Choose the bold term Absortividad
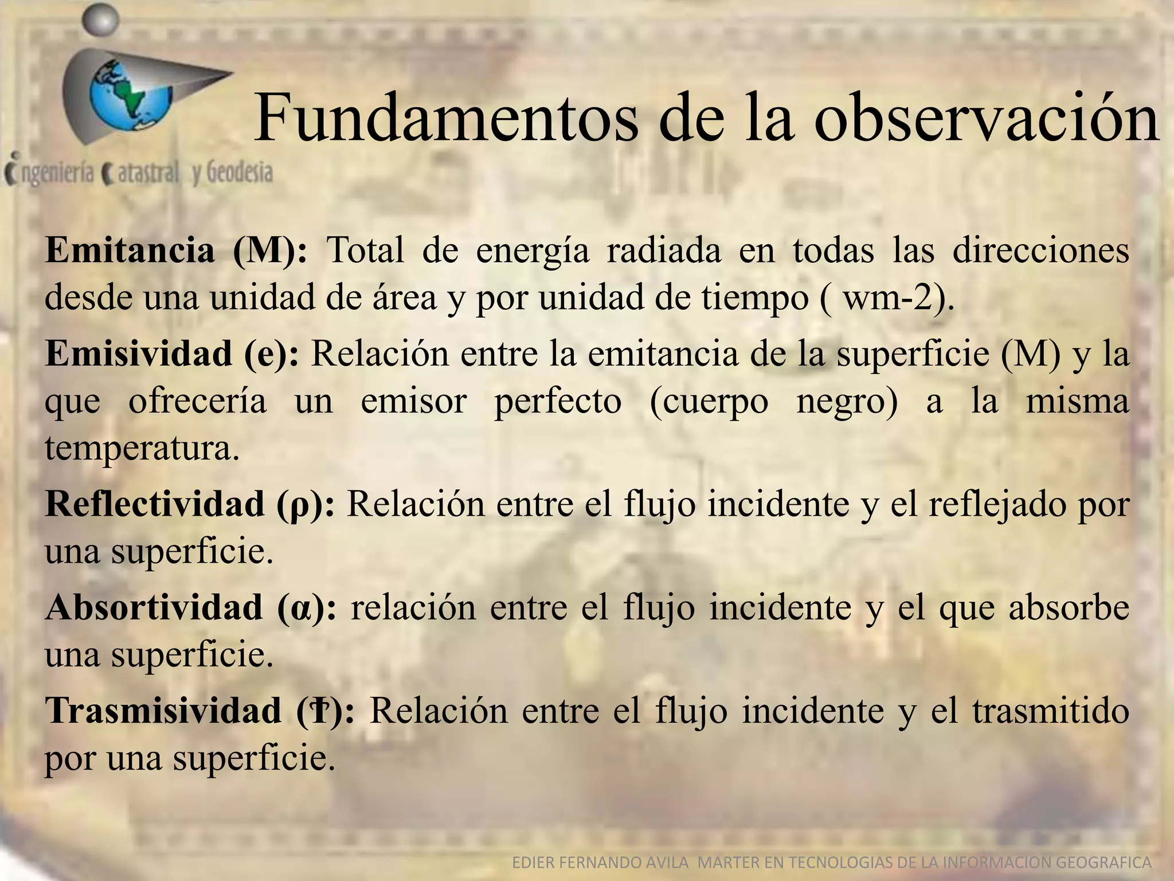pos(154,607)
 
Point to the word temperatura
pos(141,448)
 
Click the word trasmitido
pos(1050,711)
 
